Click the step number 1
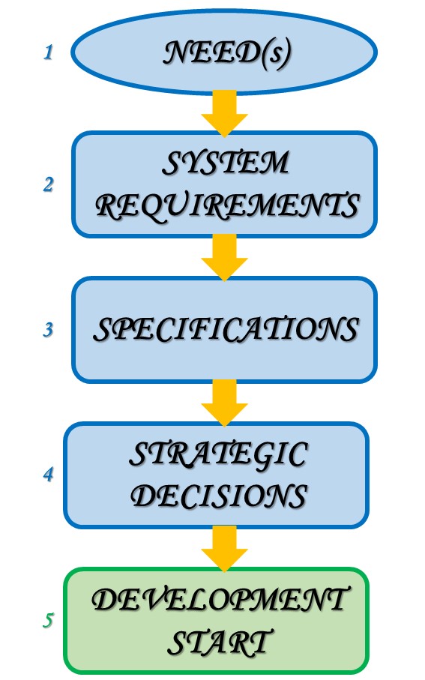point(48,52)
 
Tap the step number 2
point(48,184)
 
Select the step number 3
point(48,330)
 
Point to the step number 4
point(48,474)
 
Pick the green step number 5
point(48,620)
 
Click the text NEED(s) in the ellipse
point(226,53)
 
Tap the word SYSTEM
point(226,163)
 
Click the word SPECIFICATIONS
point(226,329)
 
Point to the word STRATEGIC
point(219,455)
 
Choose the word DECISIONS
point(219,496)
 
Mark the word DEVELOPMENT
point(219,601)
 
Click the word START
point(220,642)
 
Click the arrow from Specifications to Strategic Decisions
point(224,403)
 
